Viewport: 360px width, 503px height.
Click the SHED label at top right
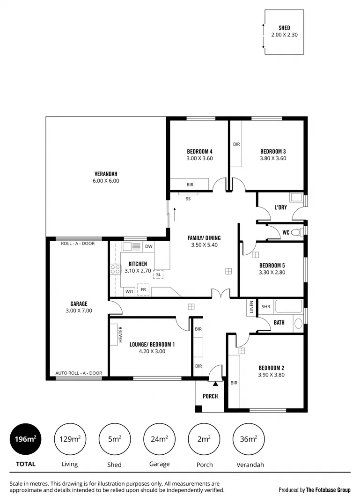(x=284, y=28)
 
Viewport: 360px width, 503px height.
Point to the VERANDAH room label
(x=106, y=174)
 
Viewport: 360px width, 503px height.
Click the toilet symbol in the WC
(x=295, y=232)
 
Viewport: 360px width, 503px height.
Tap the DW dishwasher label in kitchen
(x=148, y=246)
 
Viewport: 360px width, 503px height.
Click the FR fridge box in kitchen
(x=143, y=290)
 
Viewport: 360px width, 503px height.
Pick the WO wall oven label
(x=128, y=292)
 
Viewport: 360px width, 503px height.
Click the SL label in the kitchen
(x=158, y=274)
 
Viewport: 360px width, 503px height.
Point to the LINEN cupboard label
(x=251, y=307)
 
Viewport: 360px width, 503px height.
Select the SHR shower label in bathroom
(x=265, y=307)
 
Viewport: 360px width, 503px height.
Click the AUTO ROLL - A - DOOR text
(x=79, y=373)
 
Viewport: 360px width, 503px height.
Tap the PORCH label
(x=210, y=396)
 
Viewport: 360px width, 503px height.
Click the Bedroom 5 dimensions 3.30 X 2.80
(x=272, y=272)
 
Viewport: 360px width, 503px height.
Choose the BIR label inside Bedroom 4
(x=190, y=185)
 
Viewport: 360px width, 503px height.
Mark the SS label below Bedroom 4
(x=188, y=199)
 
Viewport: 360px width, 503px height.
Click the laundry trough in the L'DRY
(x=296, y=197)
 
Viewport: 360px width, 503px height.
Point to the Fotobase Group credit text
(x=314, y=490)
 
